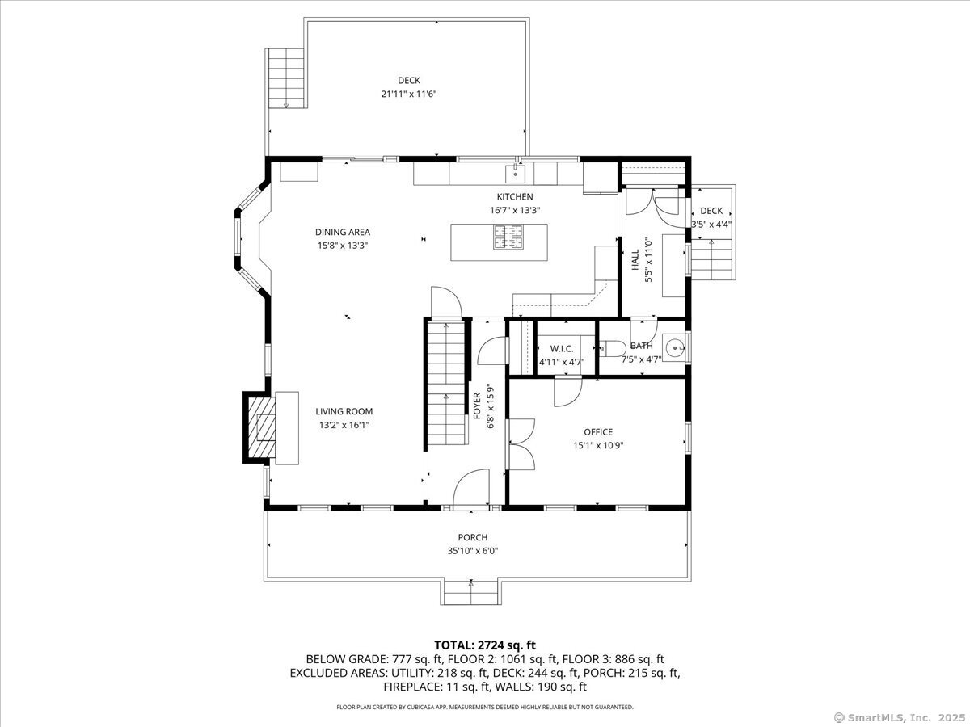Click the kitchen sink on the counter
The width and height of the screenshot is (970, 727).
514,173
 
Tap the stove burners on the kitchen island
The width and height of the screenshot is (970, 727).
506,237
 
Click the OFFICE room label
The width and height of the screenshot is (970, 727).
598,432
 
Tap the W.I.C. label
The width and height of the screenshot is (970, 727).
561,349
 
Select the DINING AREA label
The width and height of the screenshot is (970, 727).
343,233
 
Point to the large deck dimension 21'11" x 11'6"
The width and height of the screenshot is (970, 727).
409,94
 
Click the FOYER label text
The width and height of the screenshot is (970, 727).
477,404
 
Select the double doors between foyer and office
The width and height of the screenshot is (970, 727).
521,443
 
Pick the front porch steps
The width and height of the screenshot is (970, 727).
470,592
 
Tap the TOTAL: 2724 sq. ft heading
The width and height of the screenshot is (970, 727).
485,645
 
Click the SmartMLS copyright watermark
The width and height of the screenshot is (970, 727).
899,717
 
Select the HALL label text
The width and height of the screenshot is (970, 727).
635,258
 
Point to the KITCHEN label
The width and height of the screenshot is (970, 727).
515,197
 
